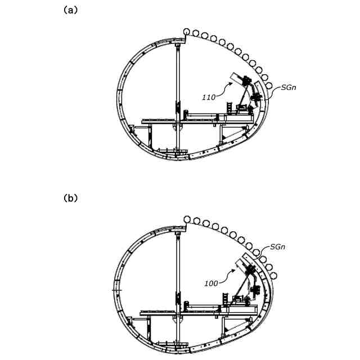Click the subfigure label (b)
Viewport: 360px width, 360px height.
(70, 198)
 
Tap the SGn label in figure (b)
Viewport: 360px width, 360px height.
(280, 246)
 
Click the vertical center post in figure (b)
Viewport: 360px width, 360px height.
(178, 281)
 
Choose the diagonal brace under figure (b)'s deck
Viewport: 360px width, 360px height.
(233, 323)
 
